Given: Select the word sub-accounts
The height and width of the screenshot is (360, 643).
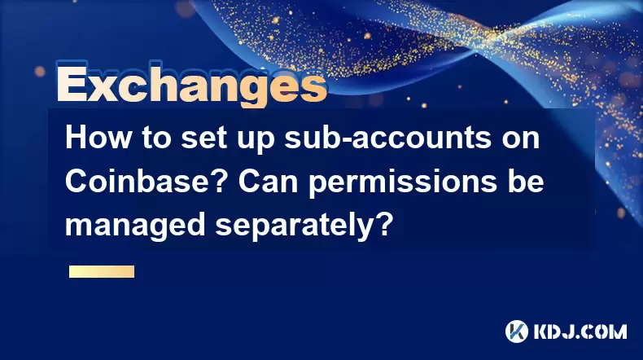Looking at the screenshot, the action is point(387,139).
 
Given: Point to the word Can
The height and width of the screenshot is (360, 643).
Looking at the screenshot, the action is point(269,181).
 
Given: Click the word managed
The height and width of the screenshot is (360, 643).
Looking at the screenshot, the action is point(135,226).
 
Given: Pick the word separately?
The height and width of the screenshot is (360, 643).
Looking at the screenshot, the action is point(303,226).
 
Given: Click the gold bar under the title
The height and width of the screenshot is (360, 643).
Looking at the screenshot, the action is point(102,272).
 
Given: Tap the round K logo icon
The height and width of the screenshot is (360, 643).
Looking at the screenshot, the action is point(517,331).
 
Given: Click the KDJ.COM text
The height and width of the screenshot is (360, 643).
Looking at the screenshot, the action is point(580,331).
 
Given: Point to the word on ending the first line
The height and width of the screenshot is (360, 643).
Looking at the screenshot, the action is point(520,140).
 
